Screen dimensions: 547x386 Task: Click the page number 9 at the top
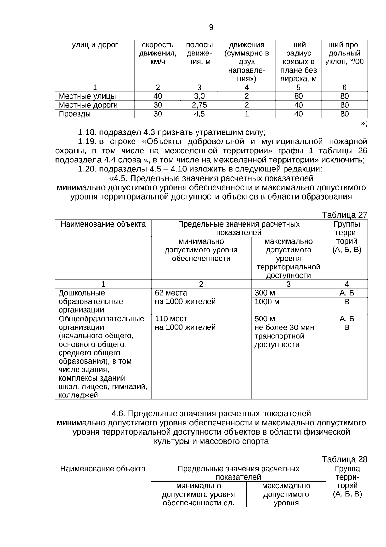(x=211, y=28)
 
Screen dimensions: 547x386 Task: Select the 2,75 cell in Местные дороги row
(x=199, y=105)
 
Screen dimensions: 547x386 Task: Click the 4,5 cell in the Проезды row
(x=199, y=114)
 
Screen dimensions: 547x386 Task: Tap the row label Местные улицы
(x=87, y=96)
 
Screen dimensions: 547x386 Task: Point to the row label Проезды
(x=75, y=114)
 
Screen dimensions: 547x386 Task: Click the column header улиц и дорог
(x=95, y=45)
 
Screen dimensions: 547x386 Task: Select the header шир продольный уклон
(x=344, y=54)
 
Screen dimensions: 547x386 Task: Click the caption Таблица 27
(x=345, y=215)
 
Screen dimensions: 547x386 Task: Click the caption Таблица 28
(x=345, y=459)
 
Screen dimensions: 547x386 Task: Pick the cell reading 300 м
(x=265, y=293)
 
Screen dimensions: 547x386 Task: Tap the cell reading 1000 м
(x=267, y=302)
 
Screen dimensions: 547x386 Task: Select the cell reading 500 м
(x=265, y=319)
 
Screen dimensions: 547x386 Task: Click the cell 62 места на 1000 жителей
(x=185, y=297)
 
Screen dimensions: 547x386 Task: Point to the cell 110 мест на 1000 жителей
(x=185, y=323)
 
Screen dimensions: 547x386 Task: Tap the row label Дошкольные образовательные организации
(x=90, y=301)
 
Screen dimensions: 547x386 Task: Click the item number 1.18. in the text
(x=87, y=132)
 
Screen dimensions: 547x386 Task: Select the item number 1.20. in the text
(x=87, y=169)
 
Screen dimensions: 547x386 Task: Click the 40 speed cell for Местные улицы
(x=158, y=96)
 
